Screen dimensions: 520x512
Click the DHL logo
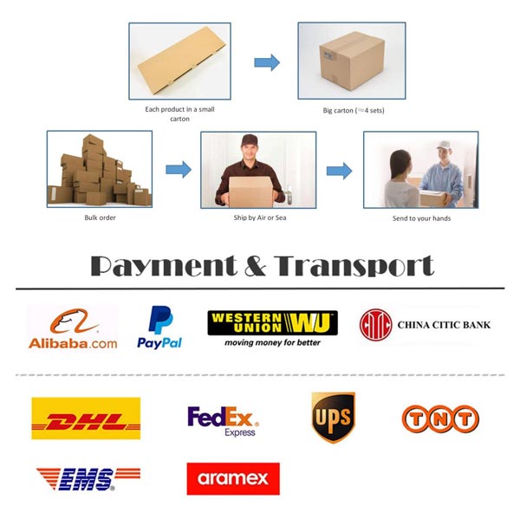(86, 418)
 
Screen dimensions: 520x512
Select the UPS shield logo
(334, 417)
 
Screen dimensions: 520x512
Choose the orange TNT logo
(440, 418)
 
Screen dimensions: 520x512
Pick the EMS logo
(88, 479)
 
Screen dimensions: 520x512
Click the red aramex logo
(233, 478)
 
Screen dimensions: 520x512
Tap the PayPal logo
(159, 327)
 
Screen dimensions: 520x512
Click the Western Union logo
(273, 328)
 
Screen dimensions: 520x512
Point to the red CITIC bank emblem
(376, 325)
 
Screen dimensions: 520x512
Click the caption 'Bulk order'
(100, 217)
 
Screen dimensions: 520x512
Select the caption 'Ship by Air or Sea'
(260, 217)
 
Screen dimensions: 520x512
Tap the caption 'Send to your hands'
(421, 218)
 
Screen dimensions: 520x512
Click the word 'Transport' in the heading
(354, 266)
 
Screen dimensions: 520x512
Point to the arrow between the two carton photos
(267, 62)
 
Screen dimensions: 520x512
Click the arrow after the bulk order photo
(179, 170)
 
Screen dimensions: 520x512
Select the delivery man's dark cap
(249, 140)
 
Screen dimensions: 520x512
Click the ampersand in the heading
(256, 266)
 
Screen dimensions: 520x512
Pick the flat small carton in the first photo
(182, 61)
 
